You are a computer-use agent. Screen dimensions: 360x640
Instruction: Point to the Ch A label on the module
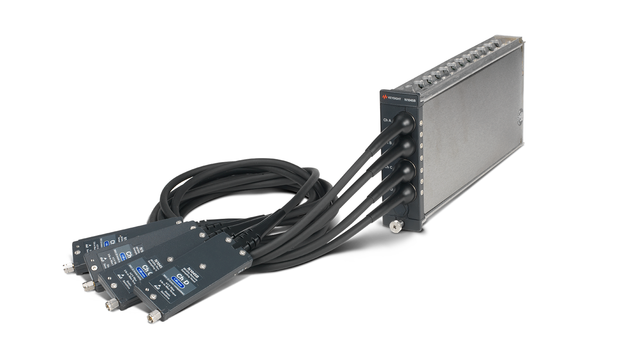pos(387,120)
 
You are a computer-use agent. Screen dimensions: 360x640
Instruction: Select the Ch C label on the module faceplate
pos(388,167)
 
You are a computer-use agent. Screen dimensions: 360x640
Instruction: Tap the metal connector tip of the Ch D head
pos(152,318)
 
